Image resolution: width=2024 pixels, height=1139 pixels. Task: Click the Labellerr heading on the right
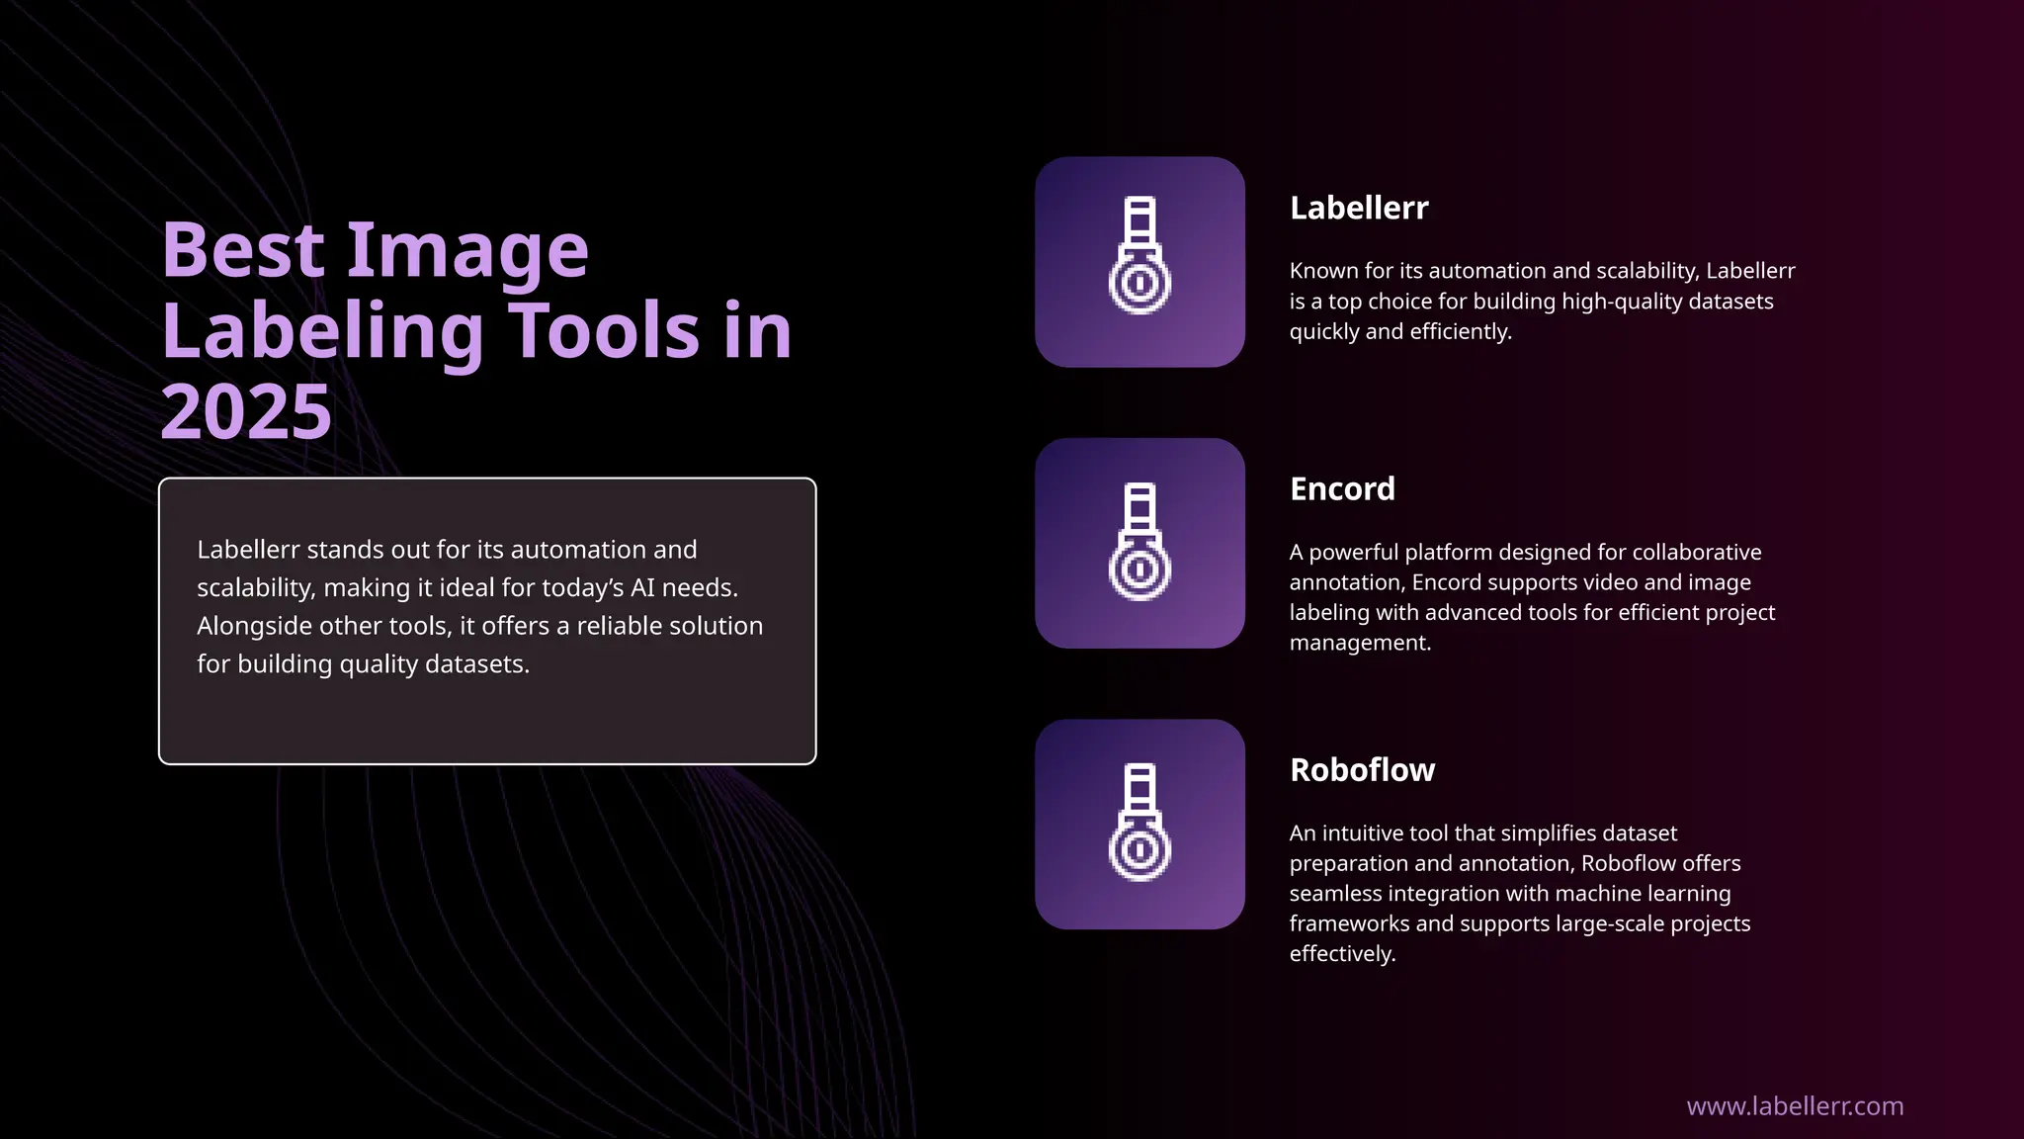tap(1359, 209)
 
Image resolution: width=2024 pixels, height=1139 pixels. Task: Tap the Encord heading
tap(1342, 489)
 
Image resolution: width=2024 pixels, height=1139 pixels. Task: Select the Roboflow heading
tap(1362, 770)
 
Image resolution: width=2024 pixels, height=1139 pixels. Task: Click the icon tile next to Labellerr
tap(1139, 262)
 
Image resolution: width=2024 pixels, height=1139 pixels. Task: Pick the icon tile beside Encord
tap(1139, 543)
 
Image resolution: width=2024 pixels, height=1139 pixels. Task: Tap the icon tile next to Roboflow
tap(1139, 824)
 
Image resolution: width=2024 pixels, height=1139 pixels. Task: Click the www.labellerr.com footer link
tap(1795, 1106)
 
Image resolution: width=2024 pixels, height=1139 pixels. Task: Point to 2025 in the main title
tap(246, 411)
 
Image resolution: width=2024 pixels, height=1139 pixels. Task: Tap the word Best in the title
tap(243, 250)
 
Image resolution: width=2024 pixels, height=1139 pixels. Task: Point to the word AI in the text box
tap(642, 588)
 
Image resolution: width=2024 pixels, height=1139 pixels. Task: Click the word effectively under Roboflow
tap(1342, 954)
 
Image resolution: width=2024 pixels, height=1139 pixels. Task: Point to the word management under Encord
tap(1360, 643)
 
